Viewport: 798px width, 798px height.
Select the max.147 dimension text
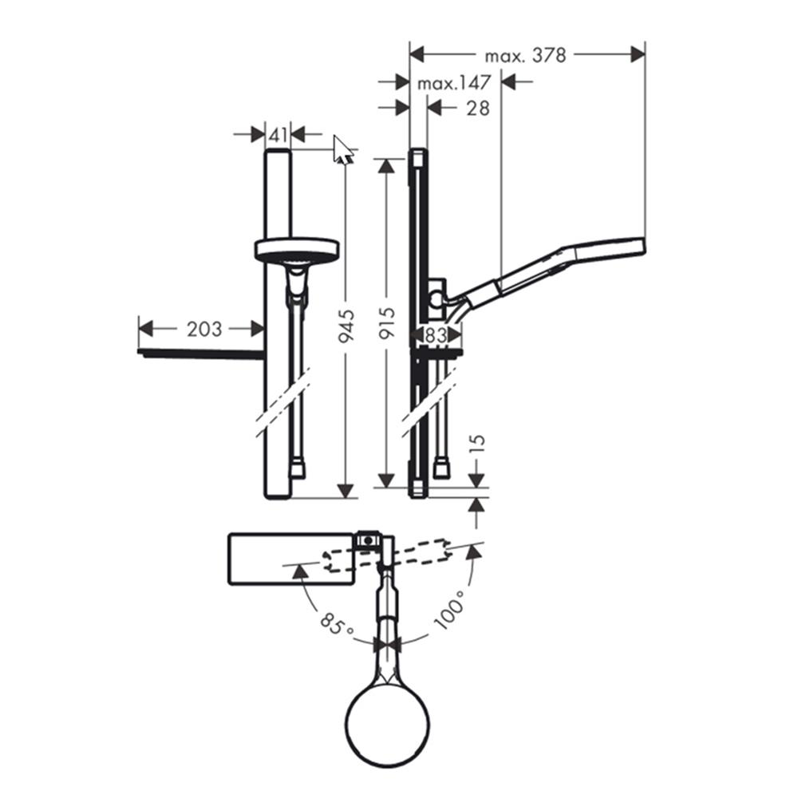pos(454,83)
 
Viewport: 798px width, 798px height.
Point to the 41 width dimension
pos(277,135)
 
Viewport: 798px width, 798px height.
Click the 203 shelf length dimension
pos(203,328)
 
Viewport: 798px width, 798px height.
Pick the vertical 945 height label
pos(345,327)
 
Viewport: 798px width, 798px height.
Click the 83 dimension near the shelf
pos(436,336)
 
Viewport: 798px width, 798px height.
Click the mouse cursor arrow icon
pos(343,149)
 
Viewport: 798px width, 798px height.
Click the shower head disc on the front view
pos(296,250)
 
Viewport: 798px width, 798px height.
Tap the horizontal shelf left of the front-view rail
pos(199,352)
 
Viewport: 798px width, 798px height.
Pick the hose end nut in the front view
pos(297,468)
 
